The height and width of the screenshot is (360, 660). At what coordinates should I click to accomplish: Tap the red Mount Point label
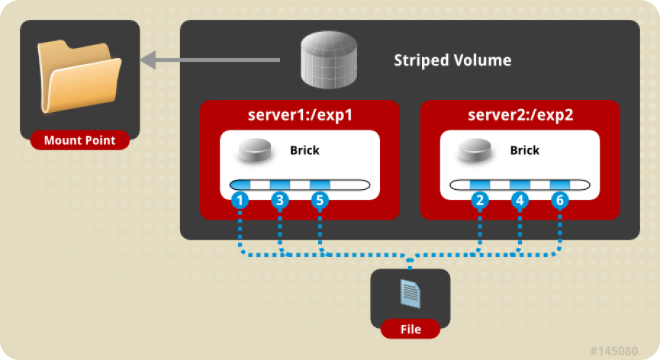point(79,140)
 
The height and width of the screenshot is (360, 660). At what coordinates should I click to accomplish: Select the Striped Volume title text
point(452,60)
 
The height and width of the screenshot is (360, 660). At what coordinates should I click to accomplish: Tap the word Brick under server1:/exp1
point(304,150)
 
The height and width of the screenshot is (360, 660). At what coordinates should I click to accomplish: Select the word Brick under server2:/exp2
point(524,150)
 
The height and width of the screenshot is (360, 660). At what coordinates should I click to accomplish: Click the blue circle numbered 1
point(240,201)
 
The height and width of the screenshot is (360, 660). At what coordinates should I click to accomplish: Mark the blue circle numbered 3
point(279,201)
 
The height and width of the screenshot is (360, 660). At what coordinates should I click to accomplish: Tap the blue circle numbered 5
point(319,201)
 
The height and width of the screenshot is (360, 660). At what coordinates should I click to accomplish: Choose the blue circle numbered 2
point(480,201)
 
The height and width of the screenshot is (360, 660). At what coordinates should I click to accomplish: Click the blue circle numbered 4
point(520,201)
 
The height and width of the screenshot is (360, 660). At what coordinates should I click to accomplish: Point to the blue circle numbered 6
point(559,201)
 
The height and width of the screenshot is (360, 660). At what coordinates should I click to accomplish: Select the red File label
point(410,329)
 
